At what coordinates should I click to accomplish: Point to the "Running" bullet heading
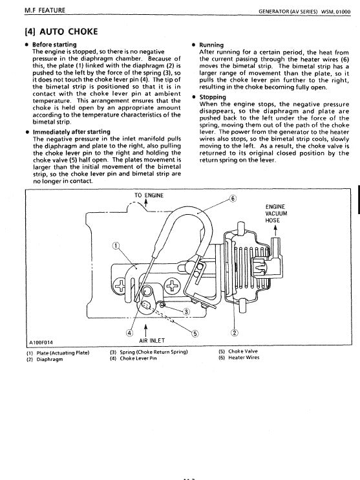tap(212, 45)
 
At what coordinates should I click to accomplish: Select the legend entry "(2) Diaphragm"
tap(47, 360)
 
